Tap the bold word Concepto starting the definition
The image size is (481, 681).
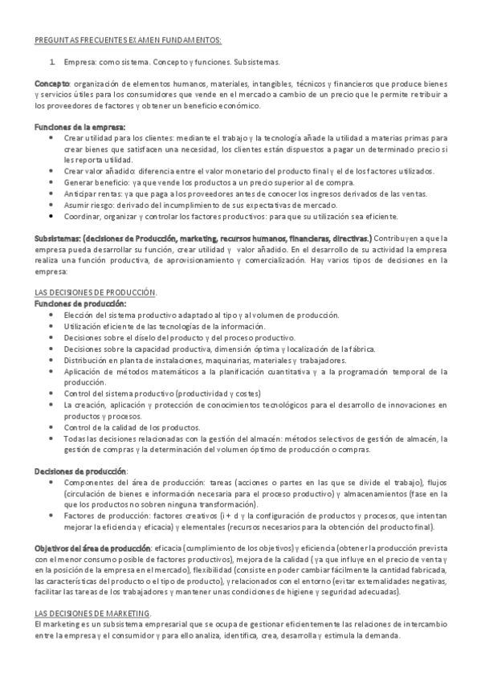[x=52, y=83]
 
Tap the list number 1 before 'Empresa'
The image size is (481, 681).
[x=52, y=61]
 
